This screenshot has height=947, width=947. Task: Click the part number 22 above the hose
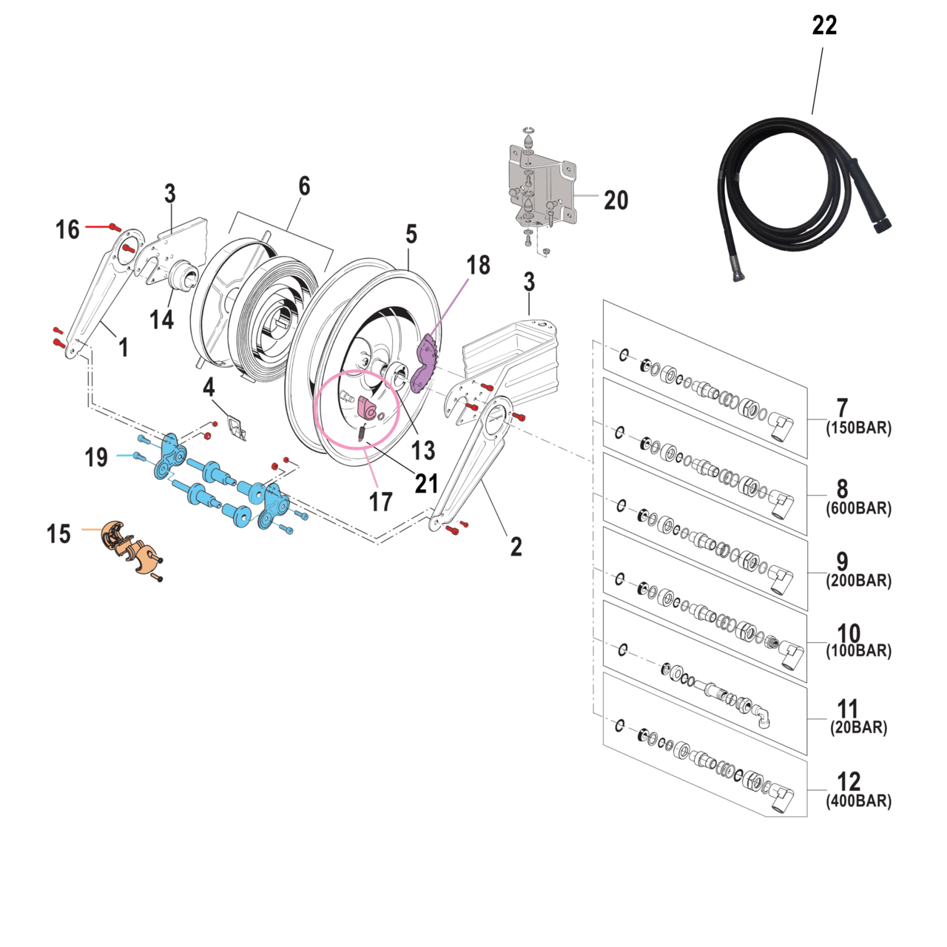pyautogui.click(x=824, y=26)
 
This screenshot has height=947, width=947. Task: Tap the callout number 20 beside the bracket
pyautogui.click(x=616, y=200)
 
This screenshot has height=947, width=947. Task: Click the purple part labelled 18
pyautogui.click(x=425, y=364)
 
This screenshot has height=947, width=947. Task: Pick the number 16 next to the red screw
pyautogui.click(x=67, y=229)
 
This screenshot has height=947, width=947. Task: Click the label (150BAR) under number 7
pyautogui.click(x=858, y=428)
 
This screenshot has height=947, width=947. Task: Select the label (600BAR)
pyautogui.click(x=858, y=508)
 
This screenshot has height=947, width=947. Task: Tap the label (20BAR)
pyautogui.click(x=858, y=727)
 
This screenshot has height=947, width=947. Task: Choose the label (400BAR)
pyautogui.click(x=858, y=801)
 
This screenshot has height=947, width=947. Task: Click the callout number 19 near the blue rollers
pyautogui.click(x=96, y=457)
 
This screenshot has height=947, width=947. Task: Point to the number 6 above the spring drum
pyautogui.click(x=304, y=186)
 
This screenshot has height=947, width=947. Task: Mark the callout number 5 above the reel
pyautogui.click(x=411, y=235)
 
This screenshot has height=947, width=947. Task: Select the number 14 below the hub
pyautogui.click(x=161, y=320)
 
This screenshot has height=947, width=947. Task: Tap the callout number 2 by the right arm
pyautogui.click(x=516, y=547)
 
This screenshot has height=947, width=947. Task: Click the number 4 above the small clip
pyautogui.click(x=209, y=387)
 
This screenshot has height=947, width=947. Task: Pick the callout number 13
pyautogui.click(x=423, y=450)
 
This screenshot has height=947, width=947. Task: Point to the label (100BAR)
pyautogui.click(x=858, y=651)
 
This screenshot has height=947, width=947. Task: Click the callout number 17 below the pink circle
pyautogui.click(x=380, y=502)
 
